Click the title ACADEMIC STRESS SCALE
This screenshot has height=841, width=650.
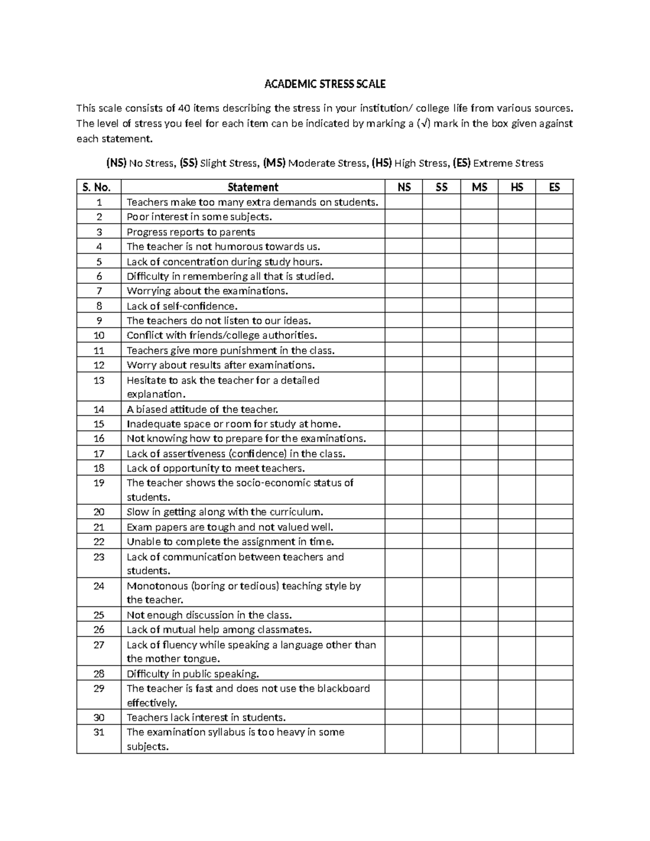[324, 84]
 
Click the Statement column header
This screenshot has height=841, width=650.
[252, 187]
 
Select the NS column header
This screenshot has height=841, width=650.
[404, 187]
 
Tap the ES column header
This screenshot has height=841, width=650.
[554, 187]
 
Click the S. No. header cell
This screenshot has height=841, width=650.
[99, 187]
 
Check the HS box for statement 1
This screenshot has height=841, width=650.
[517, 202]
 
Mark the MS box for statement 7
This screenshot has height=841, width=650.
[479, 291]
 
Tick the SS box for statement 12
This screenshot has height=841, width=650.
[441, 365]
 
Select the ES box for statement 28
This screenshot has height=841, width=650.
[554, 674]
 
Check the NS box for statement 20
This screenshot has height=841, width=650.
[404, 512]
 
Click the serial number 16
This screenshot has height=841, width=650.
[99, 439]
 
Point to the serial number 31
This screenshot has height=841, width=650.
[99, 732]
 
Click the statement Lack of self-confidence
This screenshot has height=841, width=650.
[182, 306]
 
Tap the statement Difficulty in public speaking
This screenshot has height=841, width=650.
[193, 674]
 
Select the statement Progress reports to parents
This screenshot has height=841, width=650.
[191, 232]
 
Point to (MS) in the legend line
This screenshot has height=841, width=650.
[274, 163]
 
